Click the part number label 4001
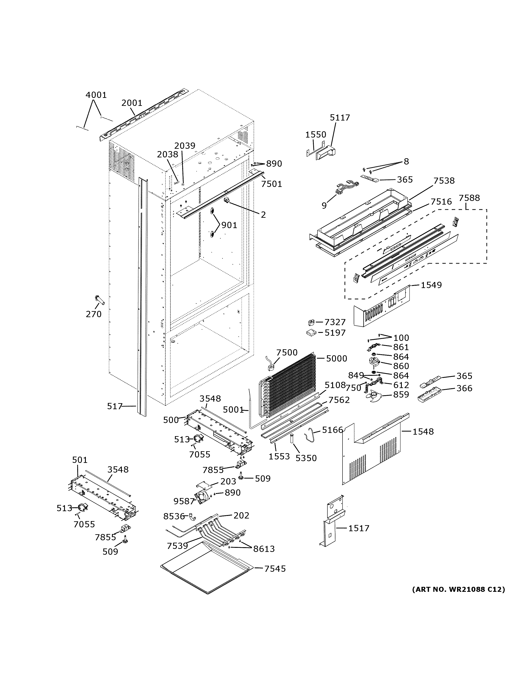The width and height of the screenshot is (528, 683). (96, 95)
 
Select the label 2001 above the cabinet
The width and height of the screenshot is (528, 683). (132, 103)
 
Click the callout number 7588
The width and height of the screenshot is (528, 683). (469, 198)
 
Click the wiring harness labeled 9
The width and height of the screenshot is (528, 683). (344, 189)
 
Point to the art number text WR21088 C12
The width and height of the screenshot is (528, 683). (458, 589)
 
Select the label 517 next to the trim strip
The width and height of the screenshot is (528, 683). (115, 406)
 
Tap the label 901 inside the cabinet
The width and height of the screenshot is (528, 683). (229, 225)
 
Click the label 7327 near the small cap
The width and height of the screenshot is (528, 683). (335, 322)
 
